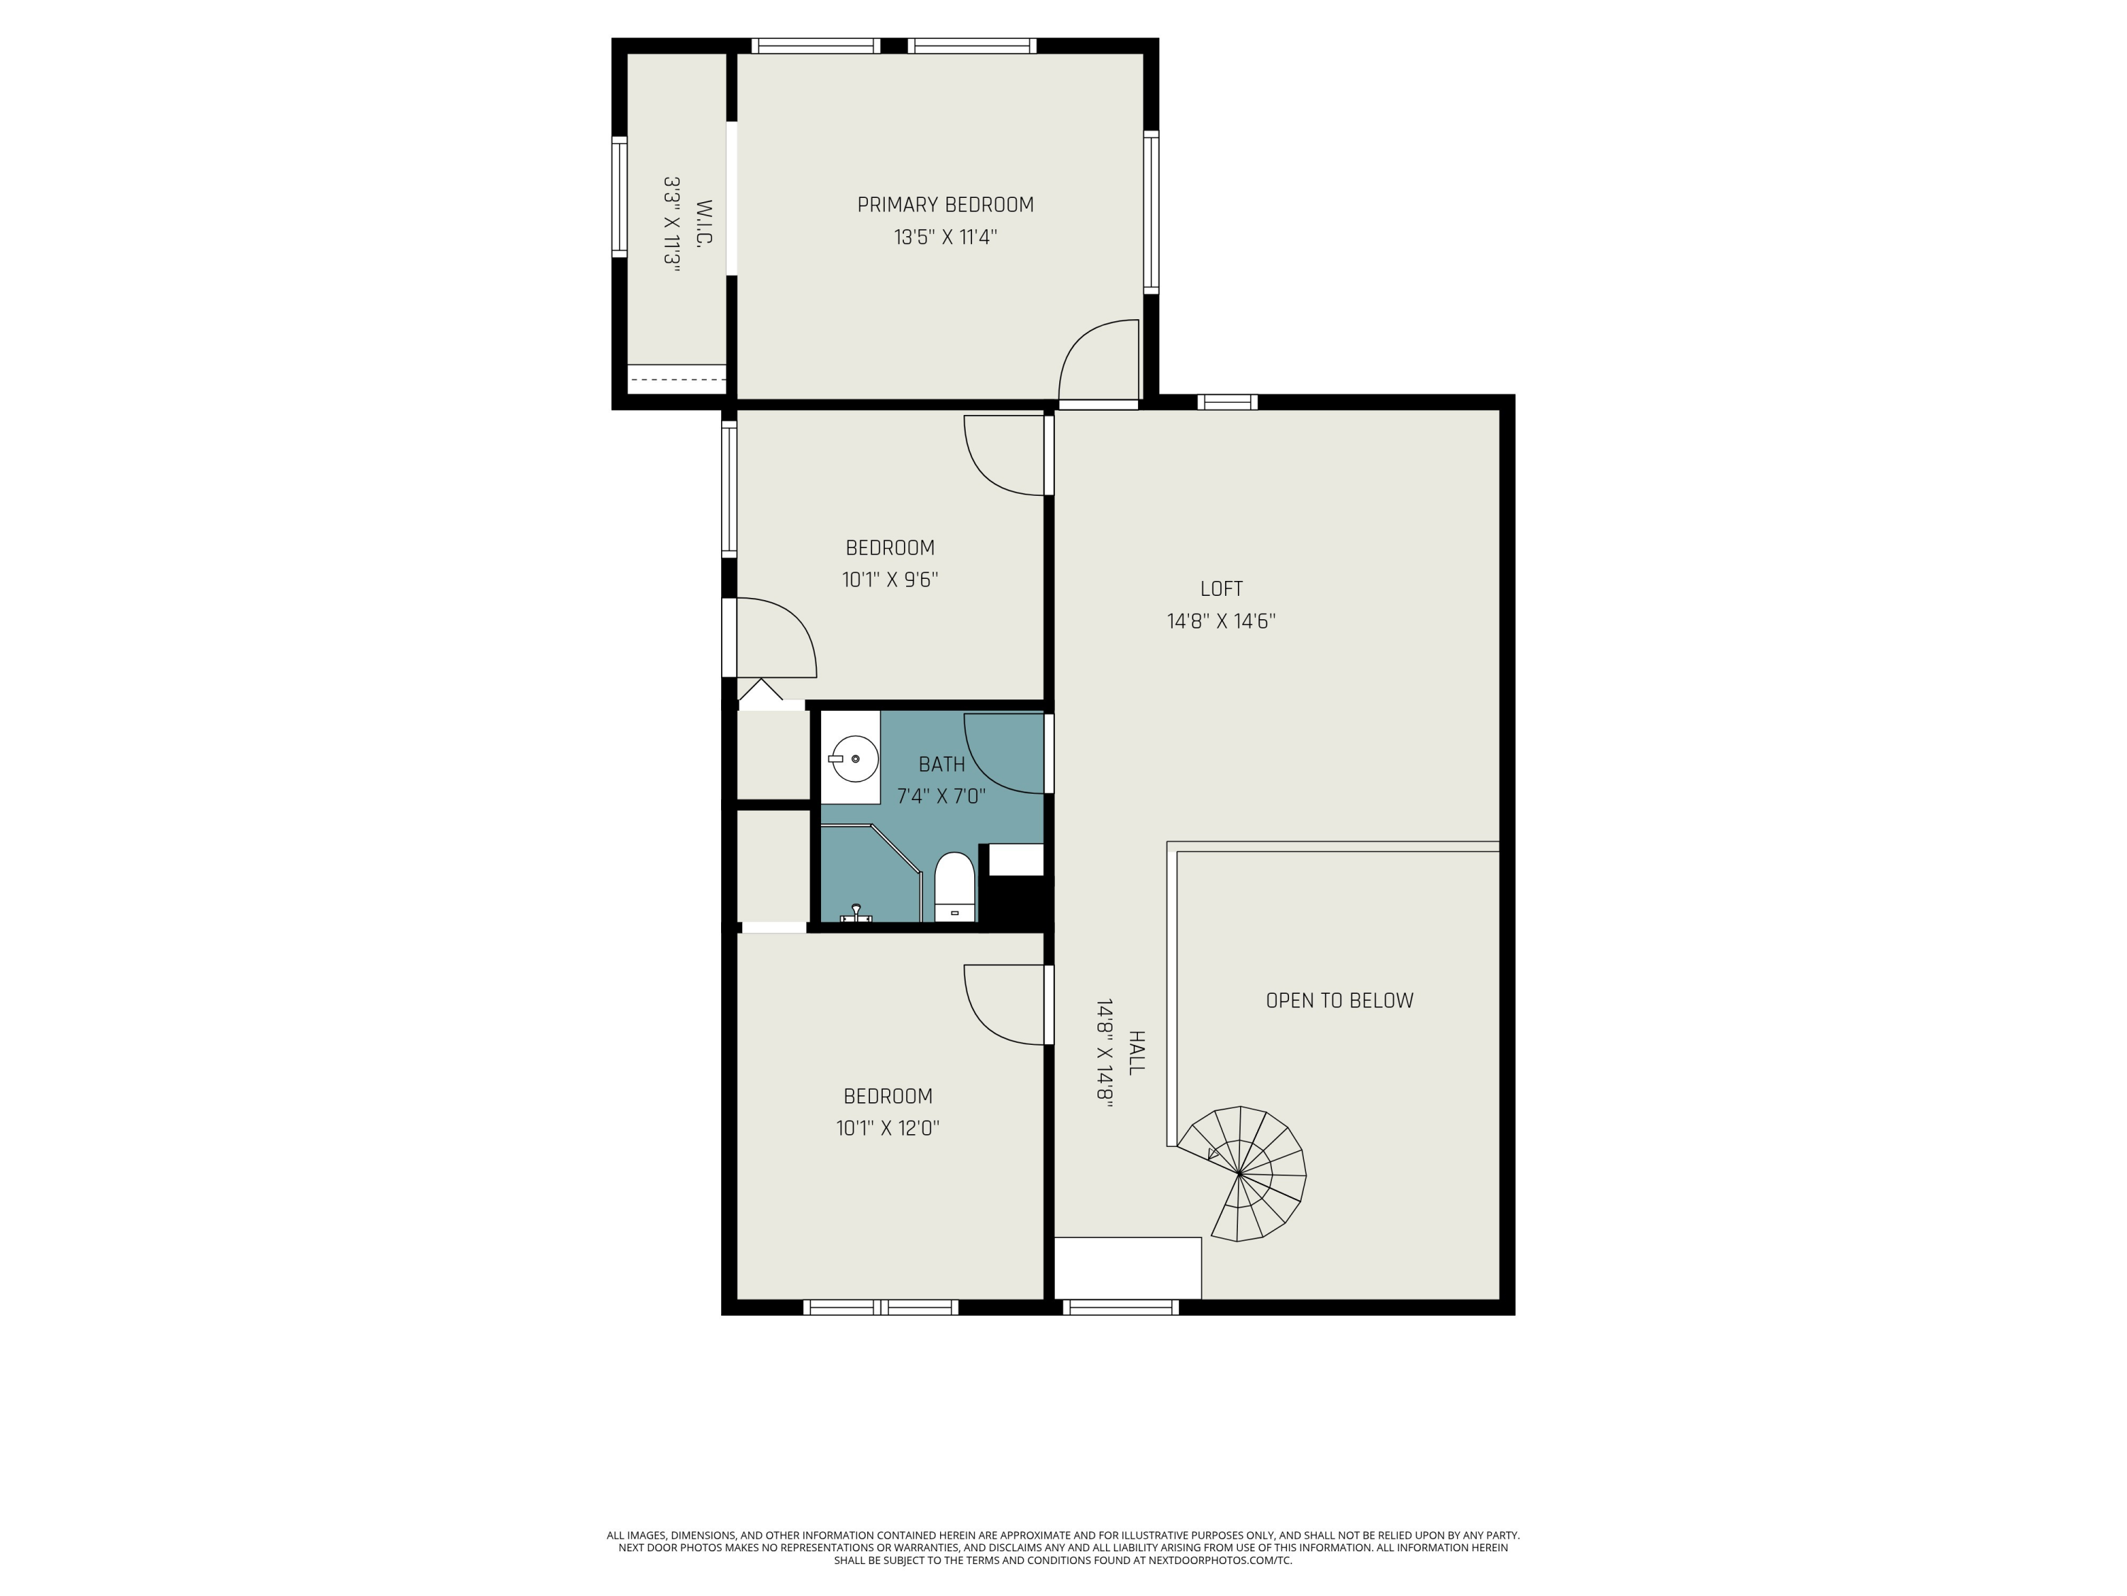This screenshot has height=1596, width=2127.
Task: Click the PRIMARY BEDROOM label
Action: (x=945, y=205)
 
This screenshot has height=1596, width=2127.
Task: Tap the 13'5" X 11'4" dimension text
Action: (x=945, y=237)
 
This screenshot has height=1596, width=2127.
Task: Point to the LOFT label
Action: (x=1221, y=589)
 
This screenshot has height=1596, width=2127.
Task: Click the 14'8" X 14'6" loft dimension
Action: (x=1221, y=621)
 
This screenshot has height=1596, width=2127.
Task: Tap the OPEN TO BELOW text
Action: (x=1339, y=1000)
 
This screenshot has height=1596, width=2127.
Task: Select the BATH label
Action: (x=942, y=765)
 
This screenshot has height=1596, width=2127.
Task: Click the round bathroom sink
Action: (x=854, y=759)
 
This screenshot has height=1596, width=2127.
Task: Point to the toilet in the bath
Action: (x=955, y=887)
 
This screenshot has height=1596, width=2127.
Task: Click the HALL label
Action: (x=1136, y=1053)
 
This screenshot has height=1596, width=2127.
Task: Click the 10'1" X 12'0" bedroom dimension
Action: (x=888, y=1129)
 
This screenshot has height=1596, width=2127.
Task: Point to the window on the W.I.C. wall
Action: (x=619, y=196)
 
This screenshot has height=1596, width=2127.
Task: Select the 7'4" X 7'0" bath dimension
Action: (x=942, y=797)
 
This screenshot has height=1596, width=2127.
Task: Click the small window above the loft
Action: (x=1227, y=402)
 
